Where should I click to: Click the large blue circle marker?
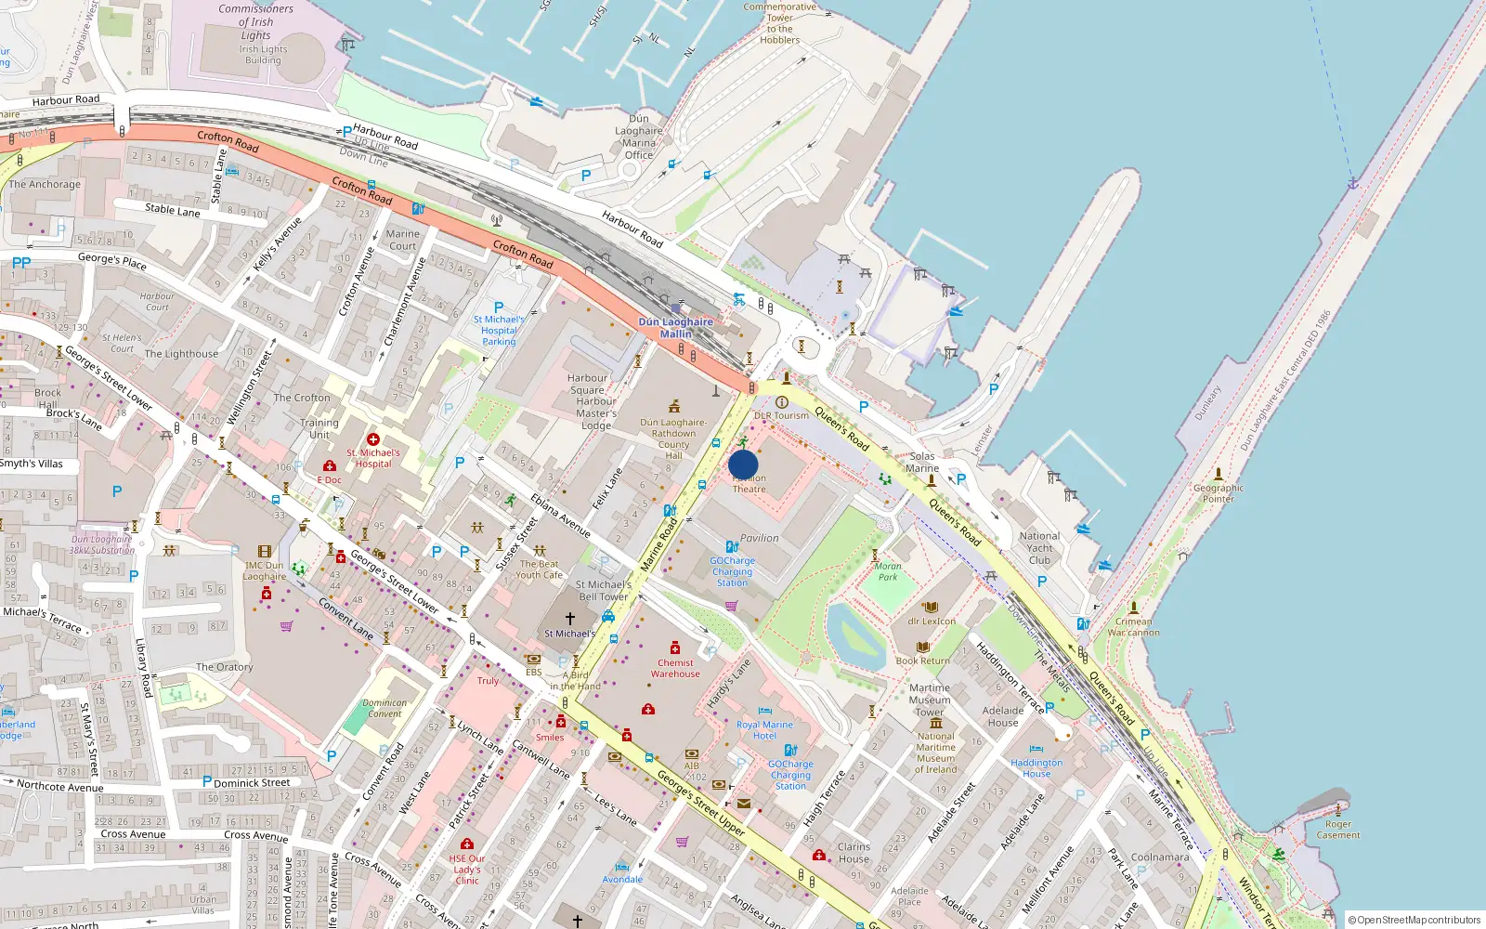tap(743, 465)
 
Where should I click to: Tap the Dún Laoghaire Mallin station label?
tap(676, 328)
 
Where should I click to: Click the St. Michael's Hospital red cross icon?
tap(373, 439)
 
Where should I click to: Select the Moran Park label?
tap(888, 571)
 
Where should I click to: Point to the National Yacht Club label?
tap(1039, 548)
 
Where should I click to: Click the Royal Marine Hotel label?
tap(764, 730)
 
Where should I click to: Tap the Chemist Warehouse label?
tap(675, 669)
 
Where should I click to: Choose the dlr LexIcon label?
tap(932, 622)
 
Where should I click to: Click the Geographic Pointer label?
tap(1218, 493)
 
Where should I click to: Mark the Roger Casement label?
tap(1338, 830)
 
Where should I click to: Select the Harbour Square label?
tap(588, 385)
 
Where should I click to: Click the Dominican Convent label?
tap(385, 709)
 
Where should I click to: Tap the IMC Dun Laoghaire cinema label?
tap(265, 570)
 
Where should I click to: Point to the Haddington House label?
tap(1036, 768)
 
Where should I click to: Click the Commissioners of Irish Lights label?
tap(256, 22)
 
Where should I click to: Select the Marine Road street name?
tap(659, 545)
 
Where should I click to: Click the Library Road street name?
tap(143, 667)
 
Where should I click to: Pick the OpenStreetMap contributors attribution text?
tap(1414, 920)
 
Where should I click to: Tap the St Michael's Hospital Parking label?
tap(499, 331)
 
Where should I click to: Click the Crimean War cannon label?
tap(1133, 627)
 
